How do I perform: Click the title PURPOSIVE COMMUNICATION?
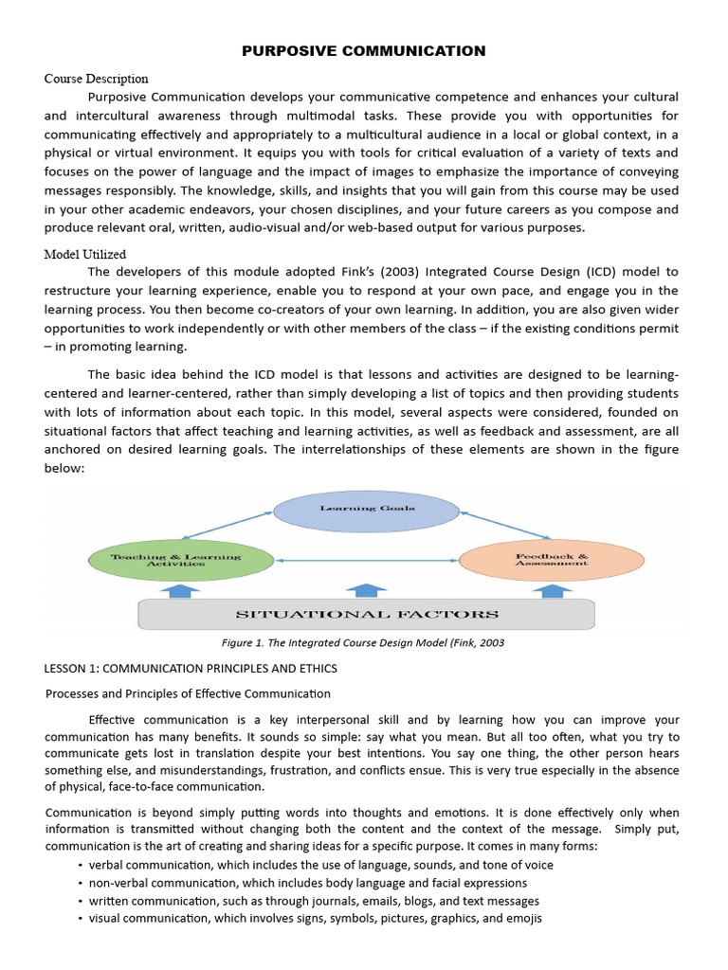(364, 51)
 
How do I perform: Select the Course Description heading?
(97, 79)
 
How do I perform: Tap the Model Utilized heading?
(85, 254)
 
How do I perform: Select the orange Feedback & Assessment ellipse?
(552, 560)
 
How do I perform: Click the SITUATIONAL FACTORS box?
(366, 615)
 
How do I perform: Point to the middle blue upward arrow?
(367, 590)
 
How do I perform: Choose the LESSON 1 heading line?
(191, 669)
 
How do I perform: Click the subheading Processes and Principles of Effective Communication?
(189, 694)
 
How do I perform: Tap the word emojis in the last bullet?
(522, 919)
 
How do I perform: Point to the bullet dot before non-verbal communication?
(79, 883)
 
